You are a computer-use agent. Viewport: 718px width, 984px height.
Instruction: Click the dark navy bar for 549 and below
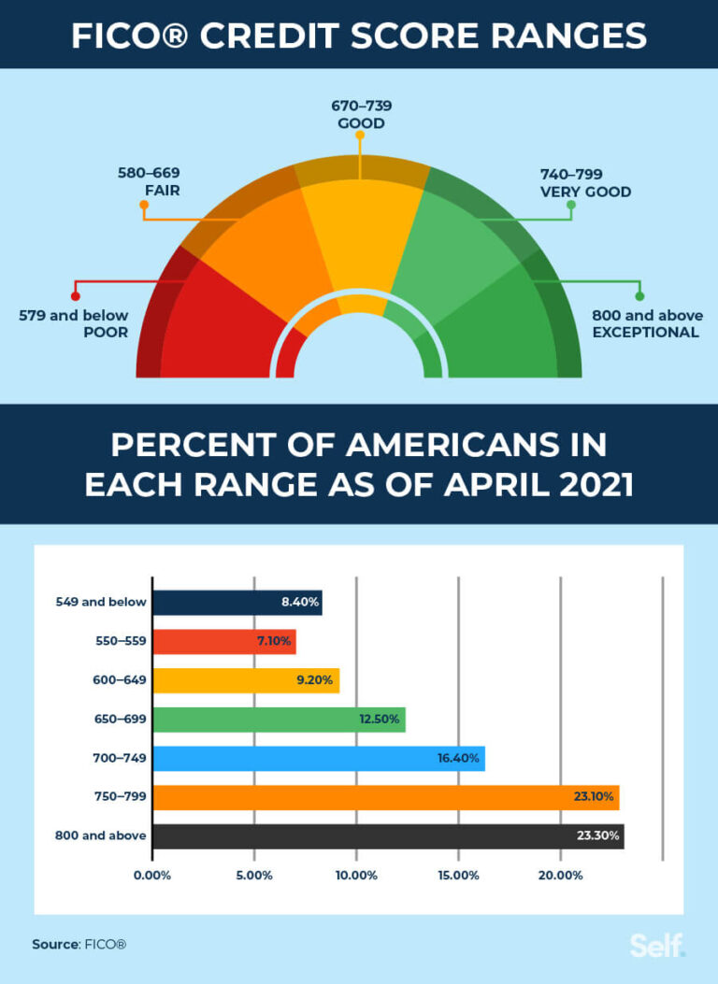pos(237,603)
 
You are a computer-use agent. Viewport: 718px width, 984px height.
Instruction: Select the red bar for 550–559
pos(224,642)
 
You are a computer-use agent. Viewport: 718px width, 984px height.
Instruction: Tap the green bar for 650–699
pos(279,720)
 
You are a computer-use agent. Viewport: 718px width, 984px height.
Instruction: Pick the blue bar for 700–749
pos(318,759)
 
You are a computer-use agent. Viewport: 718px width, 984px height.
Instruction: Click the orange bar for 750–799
pos(385,797)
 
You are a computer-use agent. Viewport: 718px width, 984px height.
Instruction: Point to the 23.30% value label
pos(599,836)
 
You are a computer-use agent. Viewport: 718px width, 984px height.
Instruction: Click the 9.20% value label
pos(314,680)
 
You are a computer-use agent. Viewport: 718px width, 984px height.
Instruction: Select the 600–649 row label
pos(119,680)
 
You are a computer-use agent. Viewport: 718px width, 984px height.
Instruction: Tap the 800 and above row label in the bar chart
pos(101,836)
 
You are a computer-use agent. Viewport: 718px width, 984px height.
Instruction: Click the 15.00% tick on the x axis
pos(458,876)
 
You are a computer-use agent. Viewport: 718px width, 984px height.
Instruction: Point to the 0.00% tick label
pos(152,876)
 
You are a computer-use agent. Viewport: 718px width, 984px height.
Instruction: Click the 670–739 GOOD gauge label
pos(359,114)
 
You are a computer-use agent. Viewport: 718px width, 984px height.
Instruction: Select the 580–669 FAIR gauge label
pos(149,182)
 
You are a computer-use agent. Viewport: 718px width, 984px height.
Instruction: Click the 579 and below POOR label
pos(74,323)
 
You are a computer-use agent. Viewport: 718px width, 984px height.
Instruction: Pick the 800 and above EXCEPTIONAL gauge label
pos(647,323)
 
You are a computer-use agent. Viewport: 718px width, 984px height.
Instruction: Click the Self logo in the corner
pos(657,945)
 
